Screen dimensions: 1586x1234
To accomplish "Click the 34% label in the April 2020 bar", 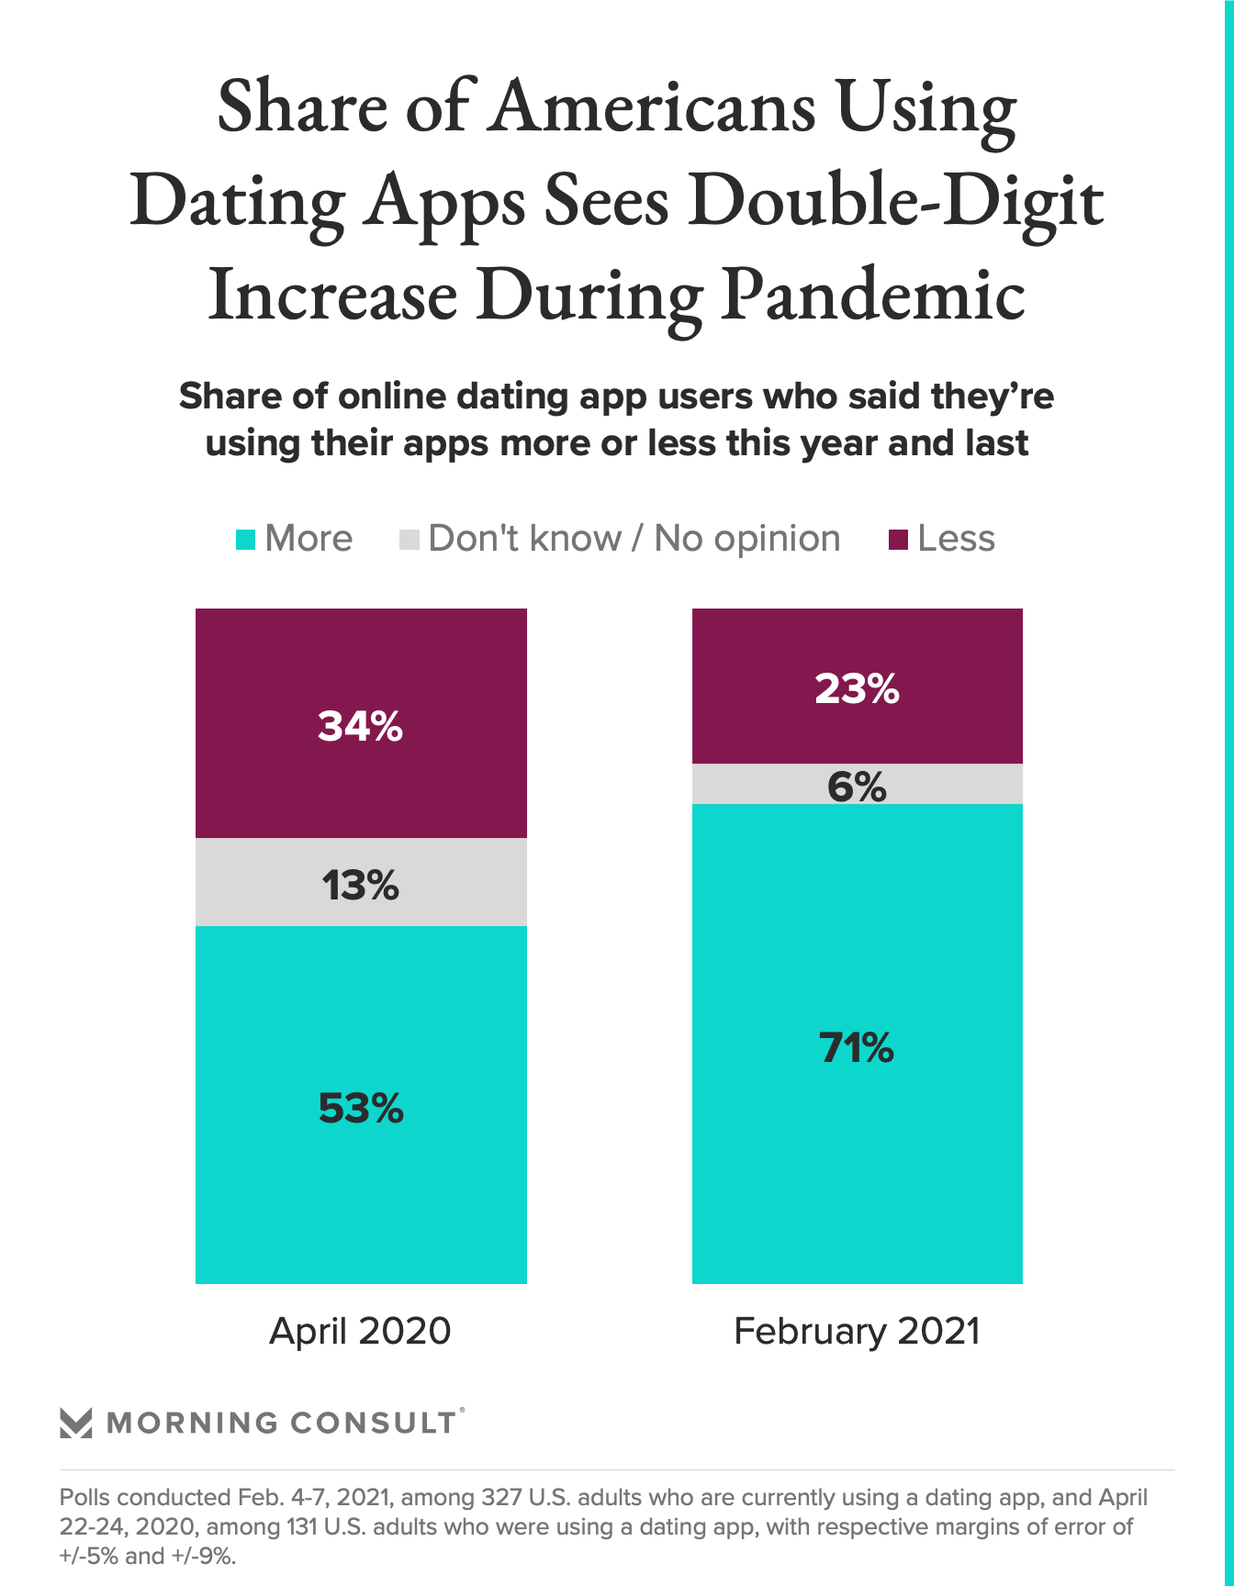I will [x=360, y=727].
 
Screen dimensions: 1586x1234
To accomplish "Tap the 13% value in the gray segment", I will [x=360, y=886].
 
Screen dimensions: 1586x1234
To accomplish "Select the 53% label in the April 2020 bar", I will [x=361, y=1109].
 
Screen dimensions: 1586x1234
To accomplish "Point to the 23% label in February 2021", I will [x=857, y=688].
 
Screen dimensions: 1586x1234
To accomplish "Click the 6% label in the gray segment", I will [x=857, y=787].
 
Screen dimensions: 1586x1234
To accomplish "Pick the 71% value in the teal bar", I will [x=857, y=1047].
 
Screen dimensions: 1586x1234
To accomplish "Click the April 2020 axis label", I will [x=360, y=1331].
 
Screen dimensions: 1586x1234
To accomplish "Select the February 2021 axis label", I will [x=857, y=1331].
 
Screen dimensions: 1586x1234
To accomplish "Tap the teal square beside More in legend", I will [x=245, y=540].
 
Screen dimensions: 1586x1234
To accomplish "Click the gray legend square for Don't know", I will [x=409, y=540].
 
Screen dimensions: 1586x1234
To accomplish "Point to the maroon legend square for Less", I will [x=898, y=540].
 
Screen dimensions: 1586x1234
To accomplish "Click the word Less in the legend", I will [x=956, y=539].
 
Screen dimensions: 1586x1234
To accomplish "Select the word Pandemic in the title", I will [x=872, y=296].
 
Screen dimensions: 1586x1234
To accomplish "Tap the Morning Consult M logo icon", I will [x=75, y=1423].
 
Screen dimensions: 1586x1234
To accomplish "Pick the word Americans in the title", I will [x=653, y=106].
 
